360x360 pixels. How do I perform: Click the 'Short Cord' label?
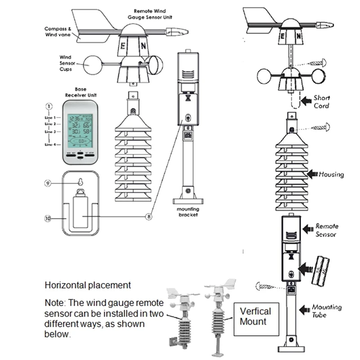coord(321,102)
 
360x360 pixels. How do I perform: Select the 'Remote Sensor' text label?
coord(326,230)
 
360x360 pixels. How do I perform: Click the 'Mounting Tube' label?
coord(327,310)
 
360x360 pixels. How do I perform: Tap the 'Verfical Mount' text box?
coord(255,316)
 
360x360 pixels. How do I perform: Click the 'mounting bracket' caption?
coord(188,211)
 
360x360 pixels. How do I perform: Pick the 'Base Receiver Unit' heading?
coord(81,92)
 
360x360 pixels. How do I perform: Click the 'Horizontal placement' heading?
coord(88,285)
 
